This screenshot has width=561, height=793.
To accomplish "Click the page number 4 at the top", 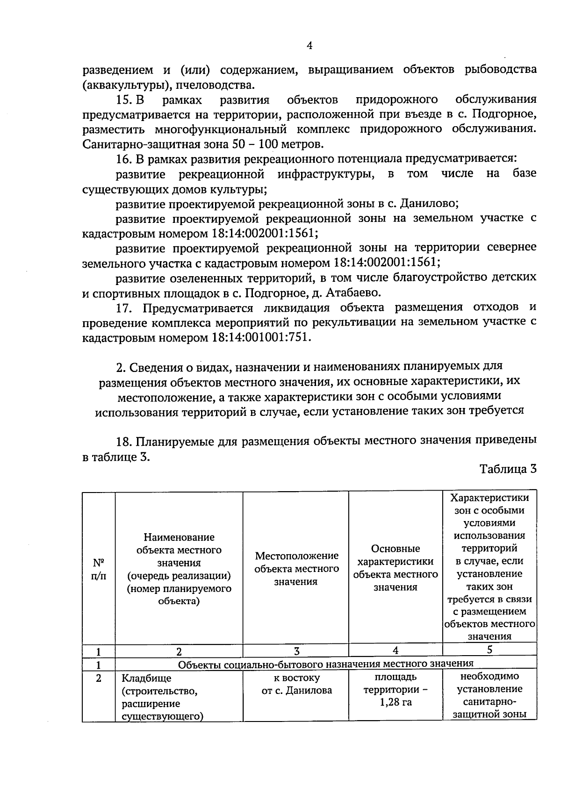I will pos(309,45).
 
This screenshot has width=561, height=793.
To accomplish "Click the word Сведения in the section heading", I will pos(157,366).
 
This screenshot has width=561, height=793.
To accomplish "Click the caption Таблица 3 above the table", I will pos(508,469).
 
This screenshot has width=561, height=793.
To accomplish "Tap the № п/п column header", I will pos(98,569).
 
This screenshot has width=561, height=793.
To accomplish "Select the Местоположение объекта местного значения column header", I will pos(296,569).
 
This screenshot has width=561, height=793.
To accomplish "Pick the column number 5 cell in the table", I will pos(489,650).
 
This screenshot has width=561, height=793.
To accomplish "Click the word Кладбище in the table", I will pos(146,678).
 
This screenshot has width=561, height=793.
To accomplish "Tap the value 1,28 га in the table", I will pos(396,702).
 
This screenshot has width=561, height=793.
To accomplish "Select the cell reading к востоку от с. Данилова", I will pos(296,684).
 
